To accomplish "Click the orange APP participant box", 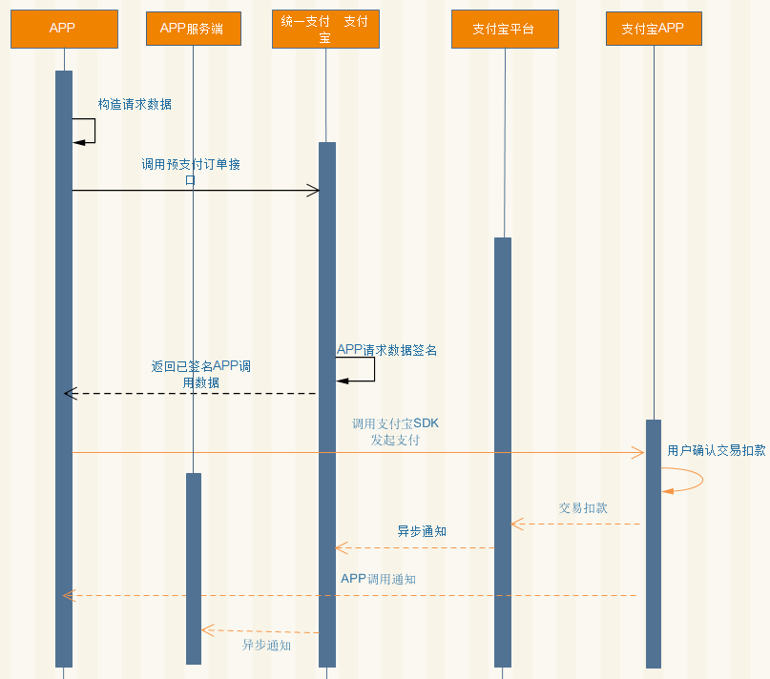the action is (x=64, y=29).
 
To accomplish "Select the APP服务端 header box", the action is (x=194, y=29).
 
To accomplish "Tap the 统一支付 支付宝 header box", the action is (x=325, y=29).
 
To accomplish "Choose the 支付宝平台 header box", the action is (x=505, y=29).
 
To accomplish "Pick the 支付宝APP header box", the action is (x=654, y=29).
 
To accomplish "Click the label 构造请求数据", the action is (x=135, y=104).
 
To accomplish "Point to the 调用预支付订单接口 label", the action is (x=191, y=172).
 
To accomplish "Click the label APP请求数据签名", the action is (x=386, y=350).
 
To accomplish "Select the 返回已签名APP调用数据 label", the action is (x=200, y=374).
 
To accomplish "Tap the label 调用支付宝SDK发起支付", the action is (x=395, y=432).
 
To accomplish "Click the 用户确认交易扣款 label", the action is (x=717, y=450).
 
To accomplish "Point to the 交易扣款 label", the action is (x=583, y=507).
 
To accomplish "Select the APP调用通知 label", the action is (x=378, y=579).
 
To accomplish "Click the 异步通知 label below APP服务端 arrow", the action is (x=266, y=645).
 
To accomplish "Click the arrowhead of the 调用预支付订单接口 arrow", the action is (x=314, y=191).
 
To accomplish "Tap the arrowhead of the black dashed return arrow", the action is (x=70, y=393).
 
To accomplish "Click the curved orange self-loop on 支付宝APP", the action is (x=702, y=479).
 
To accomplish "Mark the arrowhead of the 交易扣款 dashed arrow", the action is (x=516, y=524).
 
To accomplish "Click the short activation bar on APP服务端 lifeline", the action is (x=194, y=568).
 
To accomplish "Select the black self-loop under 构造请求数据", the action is (x=94, y=131).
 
